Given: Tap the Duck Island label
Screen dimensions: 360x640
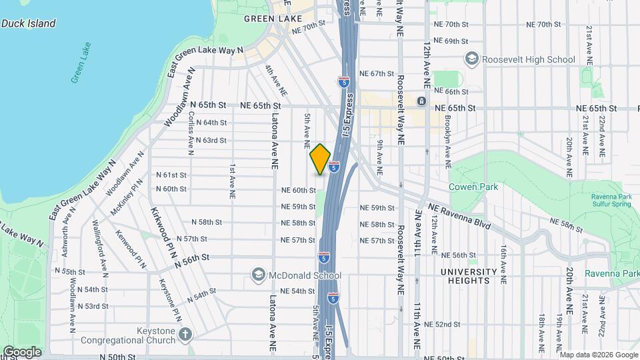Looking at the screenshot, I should click(x=28, y=23).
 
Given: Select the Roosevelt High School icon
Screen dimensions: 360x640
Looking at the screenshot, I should click(x=472, y=59).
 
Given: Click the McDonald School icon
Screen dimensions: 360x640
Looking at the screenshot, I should click(x=258, y=275).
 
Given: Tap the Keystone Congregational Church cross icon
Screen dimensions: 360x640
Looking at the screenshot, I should click(x=185, y=333).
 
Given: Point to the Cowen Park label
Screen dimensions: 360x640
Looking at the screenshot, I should click(x=473, y=187).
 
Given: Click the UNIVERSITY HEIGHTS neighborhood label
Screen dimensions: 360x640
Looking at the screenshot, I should click(x=468, y=276).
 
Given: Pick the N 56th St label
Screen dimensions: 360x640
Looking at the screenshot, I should click(x=192, y=257).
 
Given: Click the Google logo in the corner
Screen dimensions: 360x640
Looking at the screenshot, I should click(x=21, y=352).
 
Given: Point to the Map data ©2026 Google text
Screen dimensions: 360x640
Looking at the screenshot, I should click(x=599, y=355).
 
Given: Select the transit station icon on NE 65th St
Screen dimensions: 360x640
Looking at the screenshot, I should click(x=421, y=101).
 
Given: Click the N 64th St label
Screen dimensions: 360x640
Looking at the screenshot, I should click(x=211, y=123).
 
